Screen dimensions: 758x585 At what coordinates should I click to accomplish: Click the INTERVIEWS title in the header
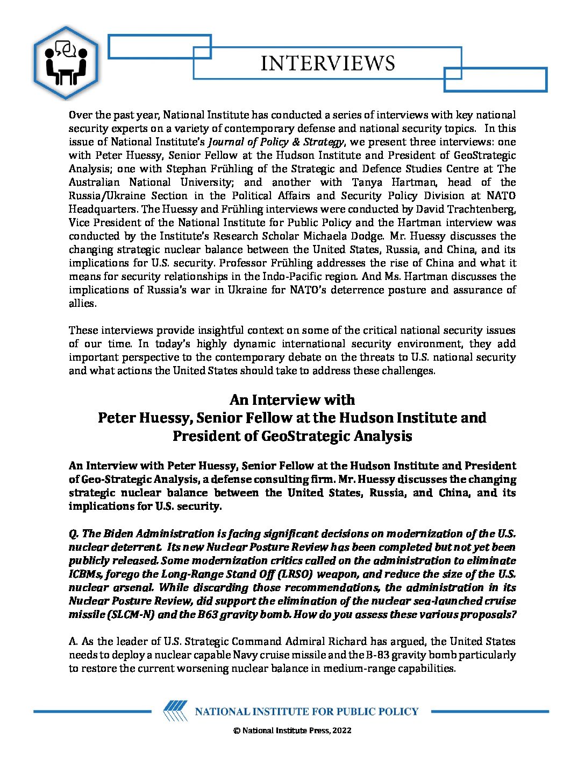(x=327, y=64)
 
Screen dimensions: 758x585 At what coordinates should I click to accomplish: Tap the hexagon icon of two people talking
(x=66, y=62)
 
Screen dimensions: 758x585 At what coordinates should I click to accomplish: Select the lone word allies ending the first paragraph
(x=82, y=304)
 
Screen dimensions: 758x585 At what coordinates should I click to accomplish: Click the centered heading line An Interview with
(x=292, y=400)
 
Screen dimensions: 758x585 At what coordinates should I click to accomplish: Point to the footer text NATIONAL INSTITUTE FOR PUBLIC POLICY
(x=306, y=712)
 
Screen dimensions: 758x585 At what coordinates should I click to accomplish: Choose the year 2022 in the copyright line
(x=342, y=731)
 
